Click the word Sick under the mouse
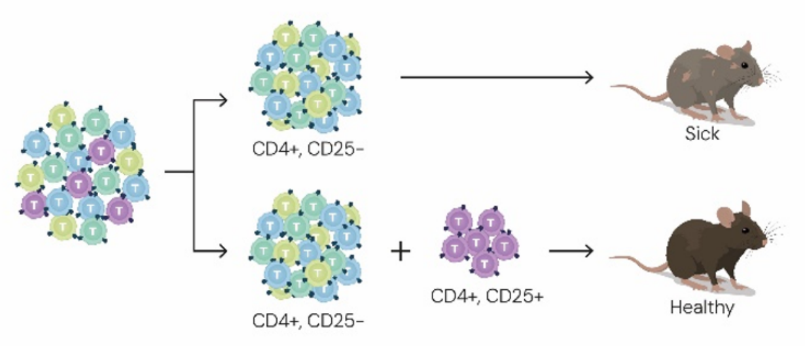click(x=702, y=134)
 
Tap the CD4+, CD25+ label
click(x=487, y=297)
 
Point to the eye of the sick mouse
click(x=744, y=64)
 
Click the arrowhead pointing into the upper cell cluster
click(x=223, y=101)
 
